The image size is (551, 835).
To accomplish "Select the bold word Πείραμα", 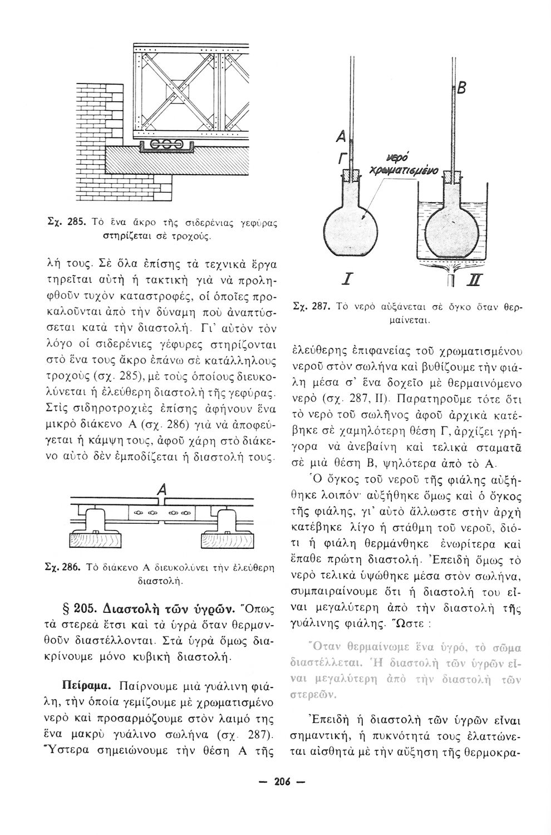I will coord(83,684).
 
